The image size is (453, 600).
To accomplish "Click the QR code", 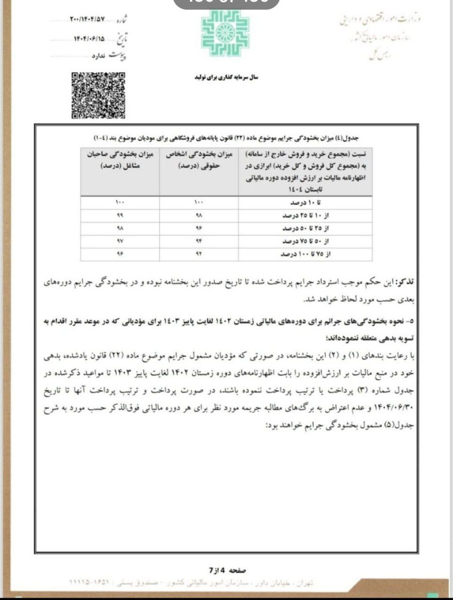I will click(x=98, y=95).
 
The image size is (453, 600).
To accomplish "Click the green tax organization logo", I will click(x=225, y=33).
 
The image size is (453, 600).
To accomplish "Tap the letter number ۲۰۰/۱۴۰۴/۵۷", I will click(x=87, y=20).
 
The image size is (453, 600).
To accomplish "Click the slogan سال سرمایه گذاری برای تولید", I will click(x=226, y=77).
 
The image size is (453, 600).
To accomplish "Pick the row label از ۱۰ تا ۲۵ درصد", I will click(x=305, y=216).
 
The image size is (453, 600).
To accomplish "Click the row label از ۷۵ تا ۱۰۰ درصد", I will click(x=305, y=255).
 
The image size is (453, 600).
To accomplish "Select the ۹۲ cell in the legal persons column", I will click(x=199, y=255).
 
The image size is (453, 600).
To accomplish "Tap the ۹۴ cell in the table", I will click(x=199, y=241).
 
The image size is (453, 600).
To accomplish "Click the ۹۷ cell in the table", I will click(x=119, y=241).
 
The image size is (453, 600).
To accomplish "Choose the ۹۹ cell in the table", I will click(x=119, y=216).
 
